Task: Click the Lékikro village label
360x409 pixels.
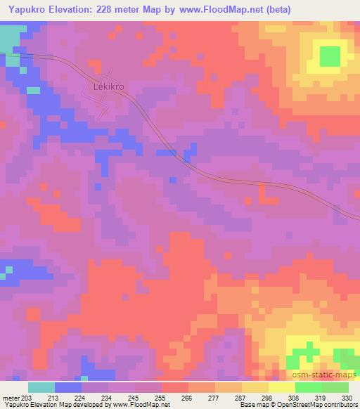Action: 108,87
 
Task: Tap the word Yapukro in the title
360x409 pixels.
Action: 25,10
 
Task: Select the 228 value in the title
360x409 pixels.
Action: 111,10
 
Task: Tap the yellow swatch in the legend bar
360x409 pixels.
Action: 281,387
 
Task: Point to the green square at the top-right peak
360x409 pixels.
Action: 329,56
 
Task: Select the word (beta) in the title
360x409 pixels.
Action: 276,10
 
